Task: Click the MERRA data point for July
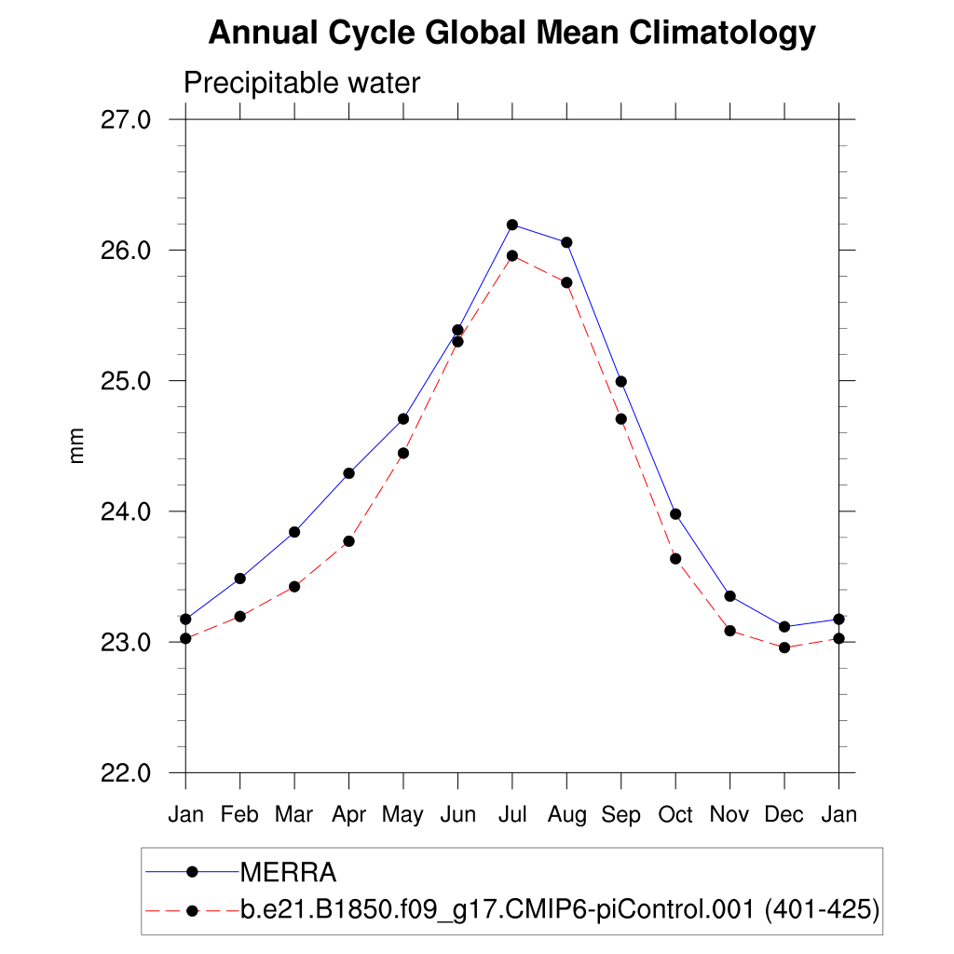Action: [512, 225]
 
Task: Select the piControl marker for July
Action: [512, 255]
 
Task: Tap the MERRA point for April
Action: [349, 473]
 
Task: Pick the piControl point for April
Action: [349, 541]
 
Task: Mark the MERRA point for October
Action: [675, 514]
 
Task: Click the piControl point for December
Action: [784, 647]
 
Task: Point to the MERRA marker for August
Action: [566, 242]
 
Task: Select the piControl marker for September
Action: [621, 419]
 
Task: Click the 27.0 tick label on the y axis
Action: [125, 120]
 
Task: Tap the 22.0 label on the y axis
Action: [125, 773]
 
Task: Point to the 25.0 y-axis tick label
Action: [125, 381]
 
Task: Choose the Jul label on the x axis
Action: [512, 815]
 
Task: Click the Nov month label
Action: [729, 815]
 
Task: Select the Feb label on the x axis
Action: [240, 815]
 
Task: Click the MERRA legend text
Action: [288, 873]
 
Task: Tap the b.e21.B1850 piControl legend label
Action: [560, 909]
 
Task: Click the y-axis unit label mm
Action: [77, 446]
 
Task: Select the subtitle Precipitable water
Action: [302, 83]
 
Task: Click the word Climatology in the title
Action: [723, 34]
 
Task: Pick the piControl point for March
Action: [294, 587]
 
